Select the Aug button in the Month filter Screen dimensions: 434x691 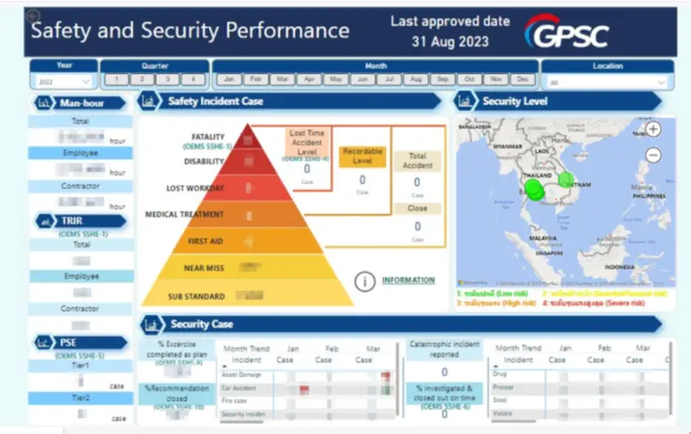point(415,80)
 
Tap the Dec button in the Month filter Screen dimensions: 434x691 point(523,80)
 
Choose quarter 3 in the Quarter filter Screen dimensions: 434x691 point(167,80)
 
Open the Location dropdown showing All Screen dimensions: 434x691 point(606,82)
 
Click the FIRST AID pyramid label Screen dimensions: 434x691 point(205,241)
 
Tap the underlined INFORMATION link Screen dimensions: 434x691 point(408,281)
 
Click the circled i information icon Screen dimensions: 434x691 point(364,282)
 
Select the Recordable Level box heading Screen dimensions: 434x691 point(361,157)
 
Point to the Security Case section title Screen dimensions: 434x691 point(202,324)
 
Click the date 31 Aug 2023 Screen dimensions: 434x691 point(449,41)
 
